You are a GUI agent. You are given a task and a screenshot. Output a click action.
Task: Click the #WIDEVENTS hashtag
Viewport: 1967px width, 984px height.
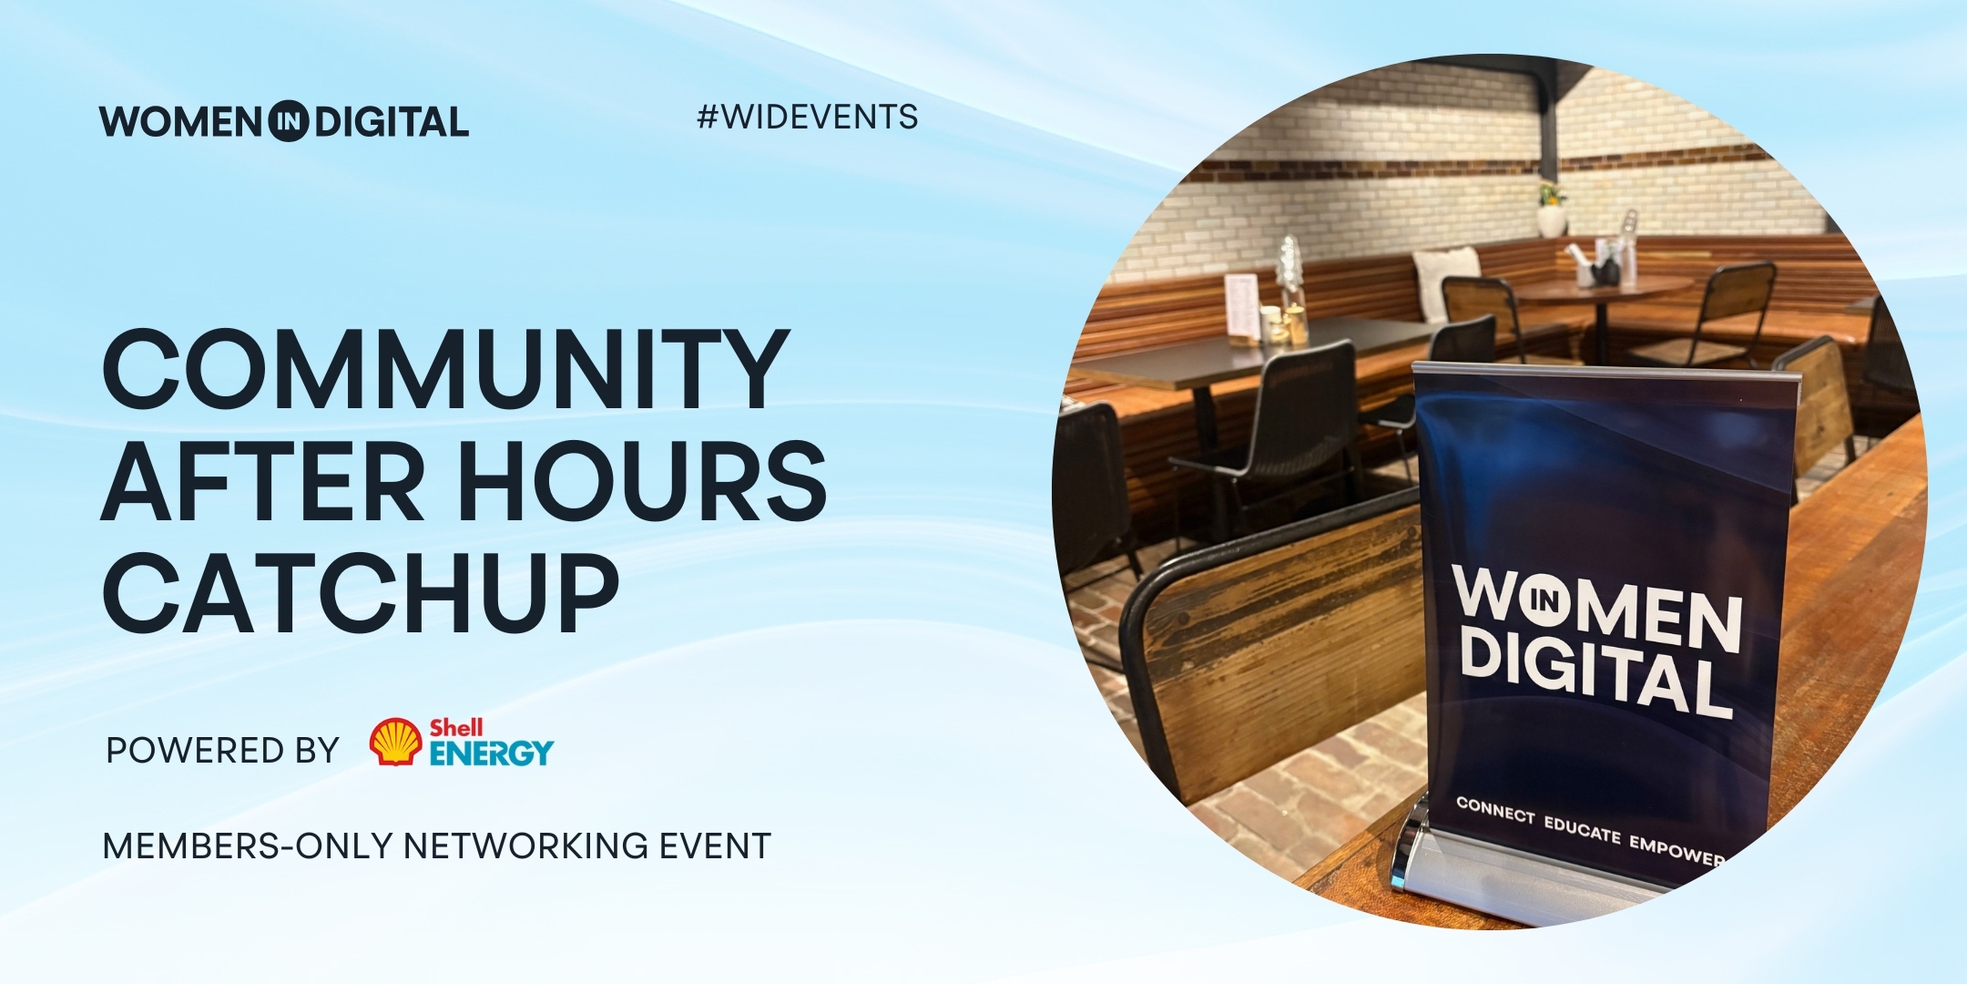807,118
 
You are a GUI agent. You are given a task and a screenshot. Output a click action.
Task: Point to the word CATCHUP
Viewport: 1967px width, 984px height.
361,593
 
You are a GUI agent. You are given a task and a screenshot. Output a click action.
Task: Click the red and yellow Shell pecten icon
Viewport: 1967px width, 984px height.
395,742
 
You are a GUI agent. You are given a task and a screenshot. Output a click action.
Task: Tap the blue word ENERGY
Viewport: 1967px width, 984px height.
491,753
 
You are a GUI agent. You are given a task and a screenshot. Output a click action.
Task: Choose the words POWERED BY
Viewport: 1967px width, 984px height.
222,751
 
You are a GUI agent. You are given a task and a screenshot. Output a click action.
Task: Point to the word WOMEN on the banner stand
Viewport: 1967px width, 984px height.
1598,608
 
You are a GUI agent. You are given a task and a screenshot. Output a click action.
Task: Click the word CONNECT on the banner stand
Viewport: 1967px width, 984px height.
1494,810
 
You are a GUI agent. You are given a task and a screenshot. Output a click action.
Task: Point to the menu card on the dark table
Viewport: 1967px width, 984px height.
1242,307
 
